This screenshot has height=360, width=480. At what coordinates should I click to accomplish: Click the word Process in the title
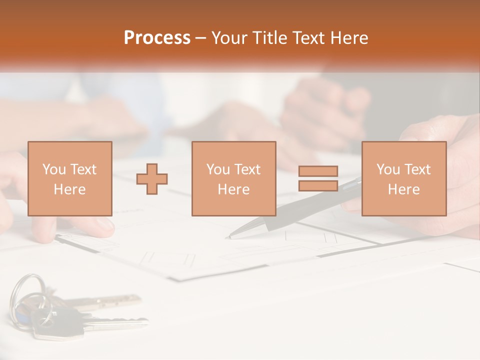157,38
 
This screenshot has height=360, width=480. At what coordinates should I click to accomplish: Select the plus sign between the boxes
152,178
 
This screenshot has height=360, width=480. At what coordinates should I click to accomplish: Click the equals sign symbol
318,178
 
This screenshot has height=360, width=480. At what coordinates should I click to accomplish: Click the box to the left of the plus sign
69,178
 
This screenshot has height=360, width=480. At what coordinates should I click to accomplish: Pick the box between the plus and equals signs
233,178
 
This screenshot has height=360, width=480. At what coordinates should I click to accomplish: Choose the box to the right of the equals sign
403,178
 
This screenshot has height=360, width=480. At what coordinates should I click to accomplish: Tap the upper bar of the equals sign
318,171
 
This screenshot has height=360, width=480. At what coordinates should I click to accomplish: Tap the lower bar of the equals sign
318,186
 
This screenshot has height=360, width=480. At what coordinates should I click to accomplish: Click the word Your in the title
228,38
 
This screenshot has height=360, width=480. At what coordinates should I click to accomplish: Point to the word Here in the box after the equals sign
403,189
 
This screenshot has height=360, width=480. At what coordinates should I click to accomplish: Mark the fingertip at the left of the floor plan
102,225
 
